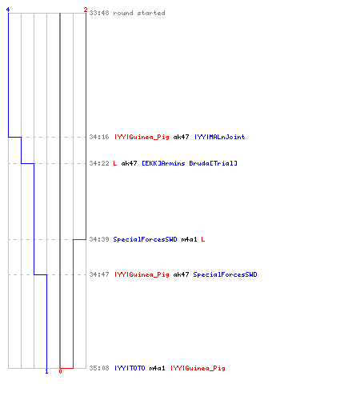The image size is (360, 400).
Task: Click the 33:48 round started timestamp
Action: click(x=99, y=13)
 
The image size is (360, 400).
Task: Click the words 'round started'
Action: click(x=139, y=13)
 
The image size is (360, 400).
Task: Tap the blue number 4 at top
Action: click(x=8, y=10)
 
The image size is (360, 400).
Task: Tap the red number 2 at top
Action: click(x=86, y=10)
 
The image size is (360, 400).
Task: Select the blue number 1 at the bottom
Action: click(x=46, y=371)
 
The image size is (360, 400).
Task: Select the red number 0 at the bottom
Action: click(x=60, y=371)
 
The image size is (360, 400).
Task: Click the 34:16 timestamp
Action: click(x=99, y=137)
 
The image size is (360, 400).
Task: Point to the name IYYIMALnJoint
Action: click(x=219, y=137)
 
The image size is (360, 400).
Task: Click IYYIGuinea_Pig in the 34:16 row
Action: click(x=142, y=137)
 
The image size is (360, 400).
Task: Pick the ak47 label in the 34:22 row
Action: click(x=129, y=163)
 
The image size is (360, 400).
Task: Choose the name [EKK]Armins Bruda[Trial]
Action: click(x=190, y=163)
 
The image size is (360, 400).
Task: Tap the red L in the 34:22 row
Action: click(x=115, y=163)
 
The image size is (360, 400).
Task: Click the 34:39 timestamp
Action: click(x=99, y=239)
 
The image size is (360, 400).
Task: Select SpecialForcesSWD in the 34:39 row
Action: click(x=145, y=239)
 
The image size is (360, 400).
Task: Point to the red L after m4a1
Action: click(x=203, y=239)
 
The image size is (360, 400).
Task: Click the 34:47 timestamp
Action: click(x=99, y=274)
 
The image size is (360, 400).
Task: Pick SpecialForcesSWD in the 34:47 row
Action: click(x=225, y=274)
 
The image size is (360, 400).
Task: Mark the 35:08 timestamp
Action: click(x=99, y=368)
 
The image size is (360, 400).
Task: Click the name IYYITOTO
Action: click(x=130, y=368)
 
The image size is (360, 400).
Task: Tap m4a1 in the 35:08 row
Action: click(x=157, y=368)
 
